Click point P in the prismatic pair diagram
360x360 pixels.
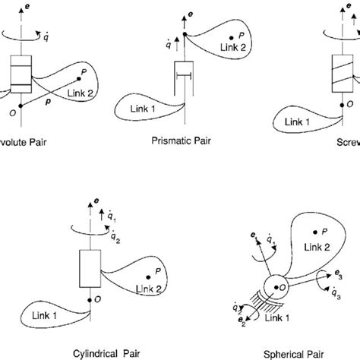(229, 36)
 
